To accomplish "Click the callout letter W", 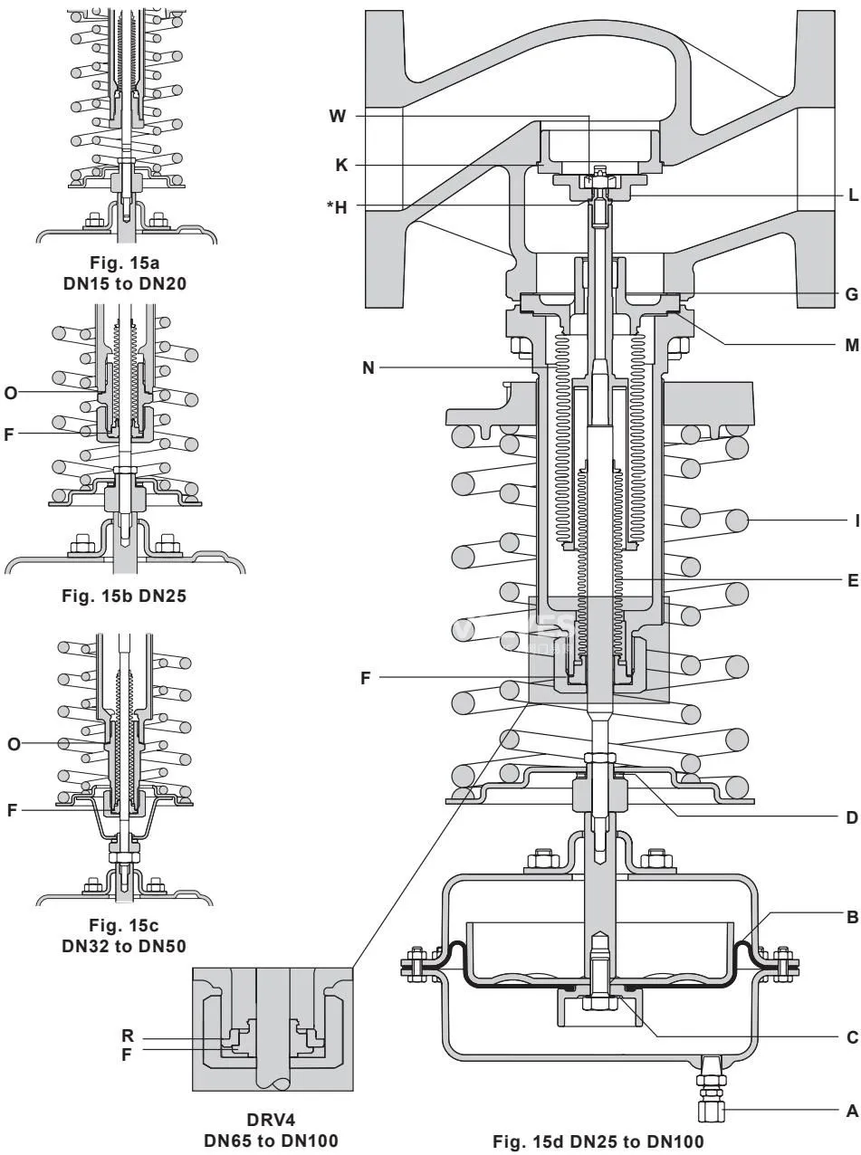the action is click(338, 116).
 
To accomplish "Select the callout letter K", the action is click(341, 166).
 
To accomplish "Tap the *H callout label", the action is click(337, 207).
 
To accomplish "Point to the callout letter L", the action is click(854, 196).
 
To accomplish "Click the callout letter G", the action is click(852, 294).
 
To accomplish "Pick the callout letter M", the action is click(852, 345).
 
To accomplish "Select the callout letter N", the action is click(368, 367).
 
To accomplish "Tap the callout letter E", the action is click(853, 580).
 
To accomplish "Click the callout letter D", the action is click(852, 817).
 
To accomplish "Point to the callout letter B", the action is click(853, 917).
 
